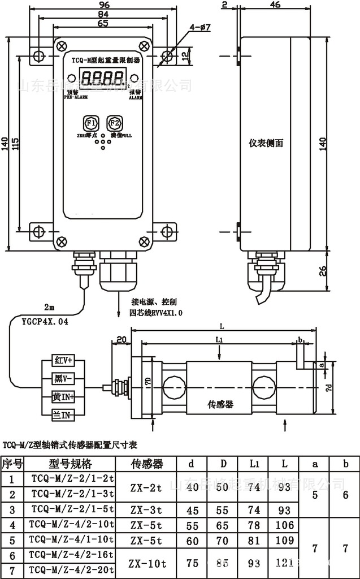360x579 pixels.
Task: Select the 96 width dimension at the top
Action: (x=103, y=5)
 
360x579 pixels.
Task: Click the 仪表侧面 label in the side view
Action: (x=266, y=143)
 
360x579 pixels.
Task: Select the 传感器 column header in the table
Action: (x=147, y=464)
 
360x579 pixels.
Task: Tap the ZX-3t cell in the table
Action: (x=147, y=509)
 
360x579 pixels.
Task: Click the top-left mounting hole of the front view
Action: (x=38, y=56)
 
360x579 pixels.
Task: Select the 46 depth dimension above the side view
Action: (x=276, y=5)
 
